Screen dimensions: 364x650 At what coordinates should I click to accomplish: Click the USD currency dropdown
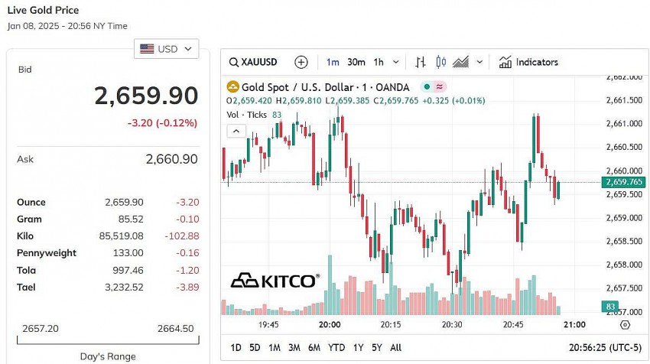[166, 49]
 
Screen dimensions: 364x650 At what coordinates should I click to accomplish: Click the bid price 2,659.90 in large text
[146, 96]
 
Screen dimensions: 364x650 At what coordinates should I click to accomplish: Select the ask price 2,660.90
[171, 159]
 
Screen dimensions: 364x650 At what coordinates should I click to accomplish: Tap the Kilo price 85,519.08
[123, 236]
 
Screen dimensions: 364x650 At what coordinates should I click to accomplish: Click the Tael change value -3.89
[184, 287]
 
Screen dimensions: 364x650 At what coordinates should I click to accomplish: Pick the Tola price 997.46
[128, 270]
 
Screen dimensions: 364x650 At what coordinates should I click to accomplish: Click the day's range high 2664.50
[175, 328]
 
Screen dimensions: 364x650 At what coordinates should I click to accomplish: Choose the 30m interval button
[356, 62]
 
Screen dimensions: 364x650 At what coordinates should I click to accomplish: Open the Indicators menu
[528, 62]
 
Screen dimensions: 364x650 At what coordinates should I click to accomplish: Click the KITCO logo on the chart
[275, 281]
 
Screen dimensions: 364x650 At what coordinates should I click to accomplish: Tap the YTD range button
[336, 347]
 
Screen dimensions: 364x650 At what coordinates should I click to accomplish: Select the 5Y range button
[375, 347]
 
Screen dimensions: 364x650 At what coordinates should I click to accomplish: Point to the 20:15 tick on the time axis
[391, 324]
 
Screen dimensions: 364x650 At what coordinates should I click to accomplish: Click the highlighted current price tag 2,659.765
[623, 182]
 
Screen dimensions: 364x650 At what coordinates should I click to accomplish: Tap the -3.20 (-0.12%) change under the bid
[161, 122]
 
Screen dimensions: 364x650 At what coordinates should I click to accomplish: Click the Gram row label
[28, 219]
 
